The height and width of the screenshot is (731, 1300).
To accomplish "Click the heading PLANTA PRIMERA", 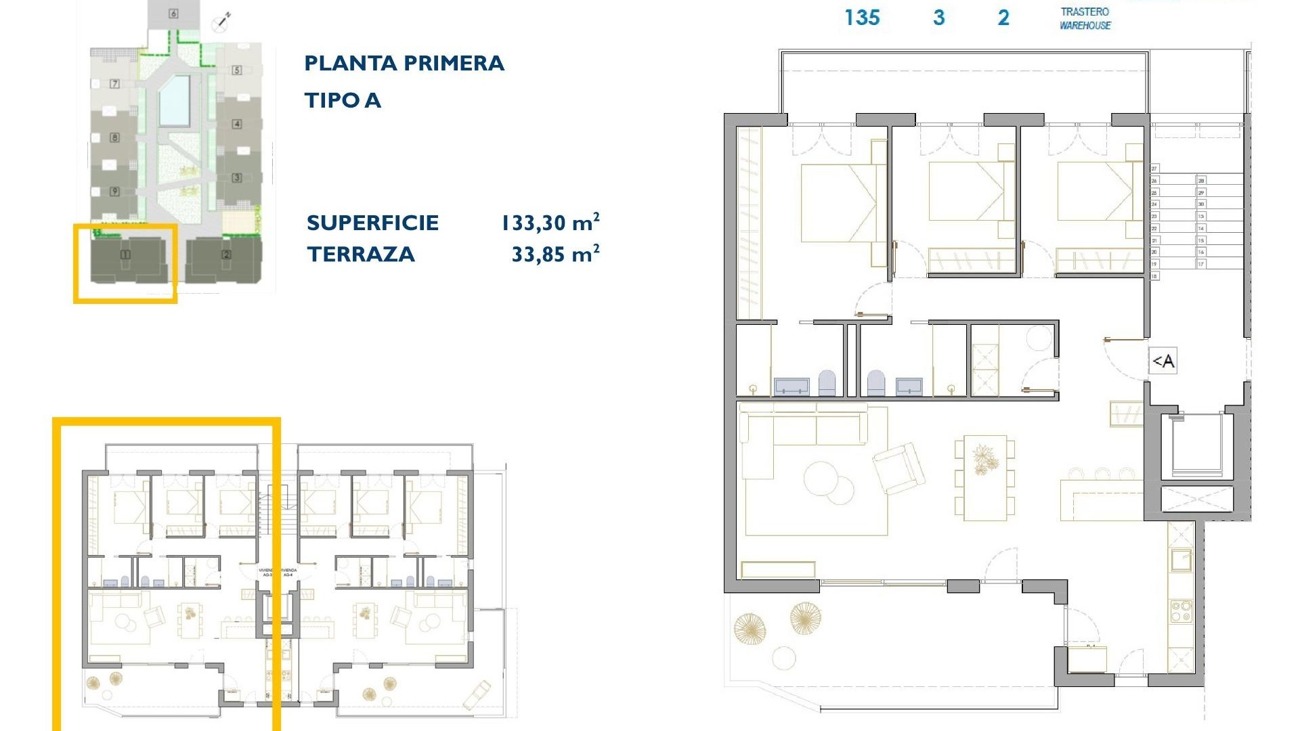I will [404, 64].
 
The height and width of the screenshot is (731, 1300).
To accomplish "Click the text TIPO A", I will [343, 101].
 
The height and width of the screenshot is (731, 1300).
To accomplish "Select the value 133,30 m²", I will [550, 223].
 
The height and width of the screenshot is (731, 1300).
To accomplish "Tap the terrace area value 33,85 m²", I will [555, 254].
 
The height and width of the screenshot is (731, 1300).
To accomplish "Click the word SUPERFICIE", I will [372, 223].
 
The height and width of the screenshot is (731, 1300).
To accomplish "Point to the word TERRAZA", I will [360, 254].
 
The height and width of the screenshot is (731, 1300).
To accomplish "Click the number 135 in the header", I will [862, 18].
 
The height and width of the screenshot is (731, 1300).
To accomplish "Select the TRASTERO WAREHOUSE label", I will [1085, 19].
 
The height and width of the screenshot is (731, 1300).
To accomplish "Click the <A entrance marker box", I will [1163, 361].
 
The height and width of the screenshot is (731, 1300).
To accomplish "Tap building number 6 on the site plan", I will [173, 14].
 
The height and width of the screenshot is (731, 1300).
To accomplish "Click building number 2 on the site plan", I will [226, 255].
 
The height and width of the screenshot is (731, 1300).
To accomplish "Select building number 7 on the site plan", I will [114, 84].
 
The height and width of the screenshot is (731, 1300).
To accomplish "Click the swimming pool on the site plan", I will [174, 101].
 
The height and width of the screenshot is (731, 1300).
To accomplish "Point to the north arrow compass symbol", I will [221, 22].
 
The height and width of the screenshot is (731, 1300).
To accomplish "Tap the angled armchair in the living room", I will [898, 468].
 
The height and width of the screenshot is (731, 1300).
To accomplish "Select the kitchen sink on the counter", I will [1182, 560].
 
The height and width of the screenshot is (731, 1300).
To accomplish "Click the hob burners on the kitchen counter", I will [1182, 611].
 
